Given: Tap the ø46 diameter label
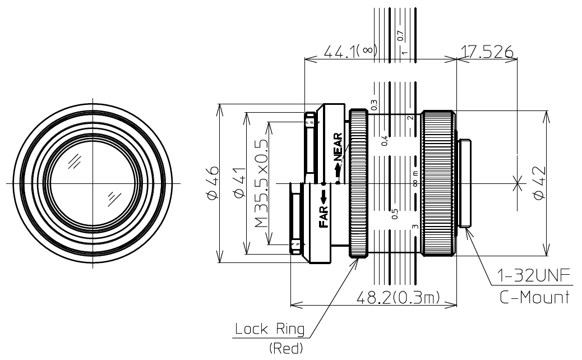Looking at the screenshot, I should click(x=212, y=182).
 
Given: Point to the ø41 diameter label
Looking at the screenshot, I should click(x=239, y=183).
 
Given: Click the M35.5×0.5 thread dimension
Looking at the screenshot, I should click(x=261, y=183).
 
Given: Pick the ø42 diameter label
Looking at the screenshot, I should click(x=539, y=183).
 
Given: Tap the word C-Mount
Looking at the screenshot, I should click(x=535, y=297).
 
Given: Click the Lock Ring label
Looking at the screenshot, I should click(x=270, y=329).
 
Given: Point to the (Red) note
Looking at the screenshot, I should click(x=285, y=349).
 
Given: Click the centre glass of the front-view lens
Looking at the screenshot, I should click(x=91, y=183).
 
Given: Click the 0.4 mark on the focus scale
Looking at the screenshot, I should click(x=385, y=141).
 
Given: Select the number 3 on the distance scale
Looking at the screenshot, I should click(x=414, y=227).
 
